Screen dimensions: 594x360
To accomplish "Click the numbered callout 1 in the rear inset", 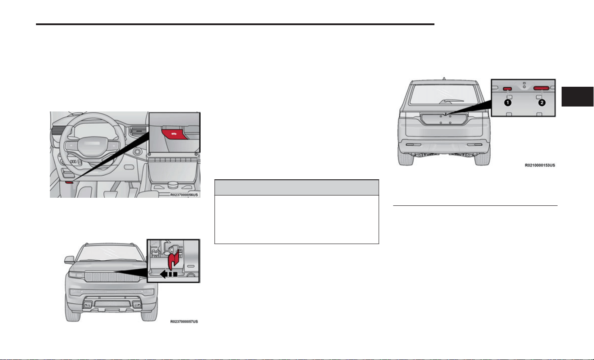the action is point(508,102).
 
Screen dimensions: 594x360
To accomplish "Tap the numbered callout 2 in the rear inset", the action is point(542,102).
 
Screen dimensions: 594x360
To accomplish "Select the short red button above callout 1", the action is point(507,89).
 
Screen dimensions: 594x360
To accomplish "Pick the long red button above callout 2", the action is point(541,88).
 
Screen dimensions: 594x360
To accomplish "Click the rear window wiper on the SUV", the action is point(451,101).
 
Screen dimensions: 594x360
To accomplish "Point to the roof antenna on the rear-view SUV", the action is point(444,79).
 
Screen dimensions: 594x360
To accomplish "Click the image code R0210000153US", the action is point(540,165).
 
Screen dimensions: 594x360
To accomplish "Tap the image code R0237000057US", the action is point(184,321).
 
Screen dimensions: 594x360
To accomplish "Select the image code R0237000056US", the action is point(184,195).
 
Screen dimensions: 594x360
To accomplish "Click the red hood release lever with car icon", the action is point(174,134).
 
